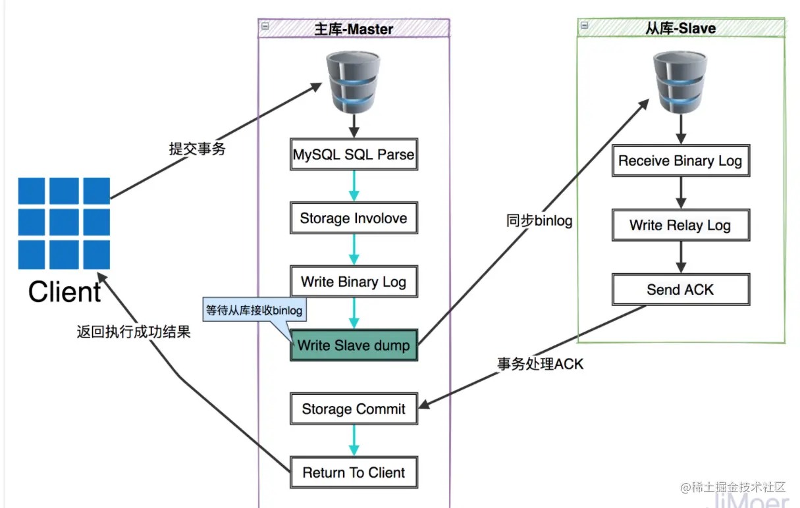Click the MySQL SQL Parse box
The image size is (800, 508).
354,154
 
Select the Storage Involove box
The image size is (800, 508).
354,218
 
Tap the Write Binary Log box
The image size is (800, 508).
354,282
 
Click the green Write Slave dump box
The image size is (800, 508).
354,345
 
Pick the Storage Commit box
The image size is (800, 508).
354,409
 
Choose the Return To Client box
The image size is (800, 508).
354,472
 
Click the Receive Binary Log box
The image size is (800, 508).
681,161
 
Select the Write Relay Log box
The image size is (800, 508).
681,225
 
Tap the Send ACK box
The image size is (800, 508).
681,290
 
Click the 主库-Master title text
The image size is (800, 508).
354,29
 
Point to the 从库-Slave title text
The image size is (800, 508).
681,28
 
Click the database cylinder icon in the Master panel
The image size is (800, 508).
353,82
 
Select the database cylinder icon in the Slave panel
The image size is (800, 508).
680,82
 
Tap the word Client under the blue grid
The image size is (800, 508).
65,292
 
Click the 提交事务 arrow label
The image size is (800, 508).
197,149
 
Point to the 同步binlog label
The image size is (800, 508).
539,220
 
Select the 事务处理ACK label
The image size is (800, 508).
541,364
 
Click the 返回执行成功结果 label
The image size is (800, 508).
134,332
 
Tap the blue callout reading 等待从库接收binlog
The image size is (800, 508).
254,310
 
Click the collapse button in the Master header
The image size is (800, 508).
265,26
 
